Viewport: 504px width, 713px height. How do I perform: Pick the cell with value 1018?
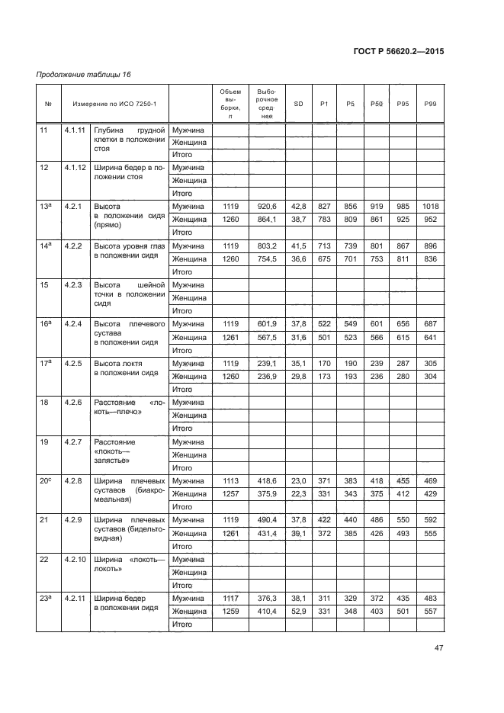430,207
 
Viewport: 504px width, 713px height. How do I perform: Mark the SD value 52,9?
298,612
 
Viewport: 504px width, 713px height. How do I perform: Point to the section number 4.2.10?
76,560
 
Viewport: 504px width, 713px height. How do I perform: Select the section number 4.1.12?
76,167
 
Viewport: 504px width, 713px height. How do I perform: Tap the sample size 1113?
230,481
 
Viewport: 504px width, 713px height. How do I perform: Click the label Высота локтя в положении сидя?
126,368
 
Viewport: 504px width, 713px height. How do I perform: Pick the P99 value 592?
430,520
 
